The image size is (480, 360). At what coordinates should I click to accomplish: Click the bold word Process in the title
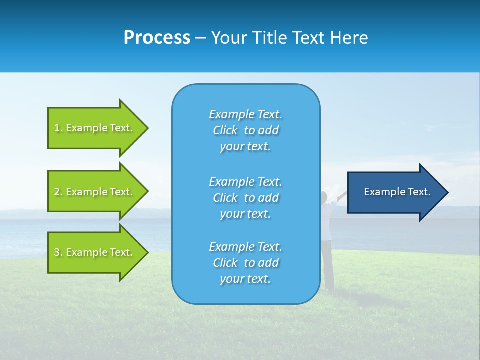pyautogui.click(x=157, y=38)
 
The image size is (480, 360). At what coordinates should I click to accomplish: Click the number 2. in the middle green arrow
pyautogui.click(x=58, y=192)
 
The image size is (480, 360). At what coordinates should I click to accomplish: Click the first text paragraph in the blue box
pyautogui.click(x=245, y=130)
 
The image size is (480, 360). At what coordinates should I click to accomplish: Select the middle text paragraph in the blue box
pyautogui.click(x=245, y=198)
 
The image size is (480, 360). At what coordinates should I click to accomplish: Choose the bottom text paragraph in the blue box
pyautogui.click(x=245, y=263)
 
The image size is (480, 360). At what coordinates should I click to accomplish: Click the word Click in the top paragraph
pyautogui.click(x=225, y=130)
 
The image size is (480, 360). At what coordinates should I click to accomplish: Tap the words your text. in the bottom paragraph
pyautogui.click(x=245, y=279)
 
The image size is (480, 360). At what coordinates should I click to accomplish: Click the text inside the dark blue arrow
pyautogui.click(x=397, y=192)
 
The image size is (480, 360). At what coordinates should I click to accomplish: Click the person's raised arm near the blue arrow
pyautogui.click(x=342, y=195)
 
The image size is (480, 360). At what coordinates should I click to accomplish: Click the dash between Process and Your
pyautogui.click(x=201, y=38)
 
